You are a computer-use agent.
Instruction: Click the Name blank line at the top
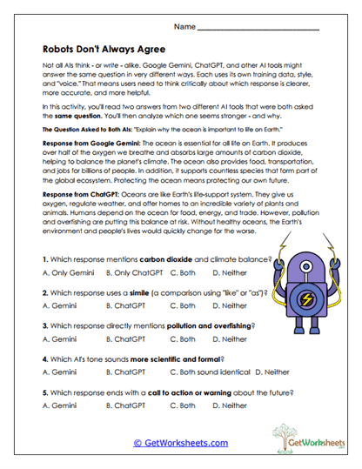(258, 29)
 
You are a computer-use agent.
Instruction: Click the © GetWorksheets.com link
(180, 443)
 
